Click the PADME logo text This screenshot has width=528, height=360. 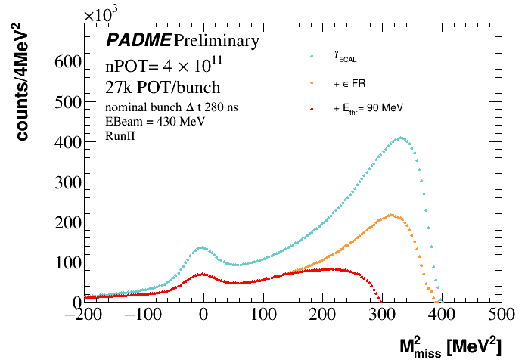pyautogui.click(x=138, y=40)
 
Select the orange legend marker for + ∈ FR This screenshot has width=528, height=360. pyautogui.click(x=312, y=82)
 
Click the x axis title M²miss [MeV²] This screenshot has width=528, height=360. pyautogui.click(x=450, y=346)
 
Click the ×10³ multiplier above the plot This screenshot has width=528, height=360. pyautogui.click(x=104, y=14)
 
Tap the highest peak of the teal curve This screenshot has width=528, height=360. pyautogui.click(x=402, y=138)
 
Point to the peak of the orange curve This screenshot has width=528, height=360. pyautogui.click(x=390, y=215)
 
